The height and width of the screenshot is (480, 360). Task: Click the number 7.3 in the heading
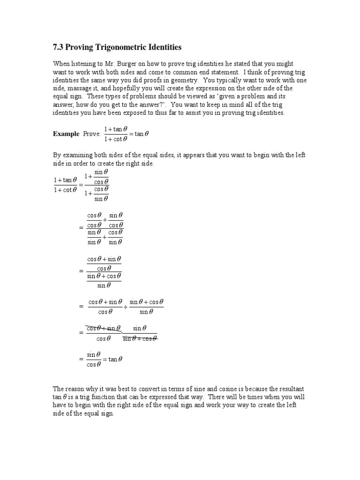pos(58,47)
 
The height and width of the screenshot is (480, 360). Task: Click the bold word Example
pos(66,134)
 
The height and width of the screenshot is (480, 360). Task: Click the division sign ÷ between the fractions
pos(126,307)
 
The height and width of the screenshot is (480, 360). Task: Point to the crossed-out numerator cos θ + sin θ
pos(104,328)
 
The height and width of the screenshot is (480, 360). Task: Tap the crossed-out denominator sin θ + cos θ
pos(140,338)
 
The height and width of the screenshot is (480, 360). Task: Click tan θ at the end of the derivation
pos(115,360)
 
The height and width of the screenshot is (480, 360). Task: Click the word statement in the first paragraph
pos(219,72)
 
